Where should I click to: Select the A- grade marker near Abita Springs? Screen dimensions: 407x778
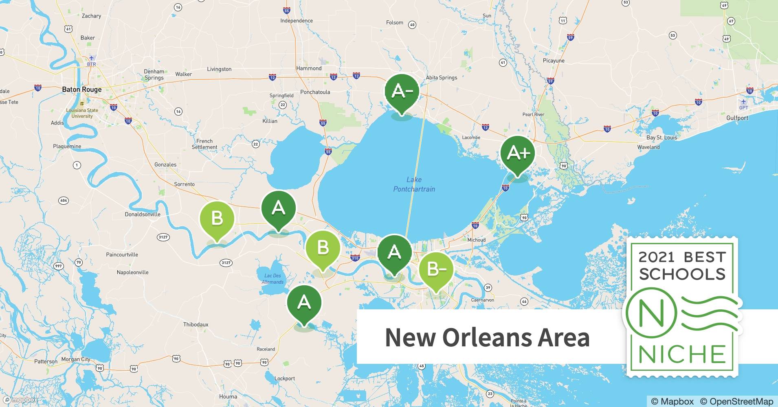point(402,92)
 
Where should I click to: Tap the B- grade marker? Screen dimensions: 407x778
point(435,269)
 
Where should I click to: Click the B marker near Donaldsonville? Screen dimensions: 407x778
point(217,219)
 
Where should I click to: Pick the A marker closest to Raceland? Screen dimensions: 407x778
point(304,303)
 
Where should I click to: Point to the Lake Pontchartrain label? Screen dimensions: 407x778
point(414,184)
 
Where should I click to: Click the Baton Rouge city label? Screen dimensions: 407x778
point(82,90)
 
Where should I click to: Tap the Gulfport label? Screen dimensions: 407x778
point(737,118)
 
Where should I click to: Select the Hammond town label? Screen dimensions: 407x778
point(309,68)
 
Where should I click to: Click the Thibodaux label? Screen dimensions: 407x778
point(196,324)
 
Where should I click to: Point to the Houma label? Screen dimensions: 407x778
point(228,396)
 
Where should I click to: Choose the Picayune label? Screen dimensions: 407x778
point(554,61)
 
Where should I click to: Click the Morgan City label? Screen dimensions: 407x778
point(76,359)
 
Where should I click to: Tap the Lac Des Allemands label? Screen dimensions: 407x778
point(273,279)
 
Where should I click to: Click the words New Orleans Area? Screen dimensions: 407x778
point(487,337)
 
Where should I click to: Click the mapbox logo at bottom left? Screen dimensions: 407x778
point(20,400)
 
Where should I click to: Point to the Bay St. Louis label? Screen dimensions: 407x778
point(662,138)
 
